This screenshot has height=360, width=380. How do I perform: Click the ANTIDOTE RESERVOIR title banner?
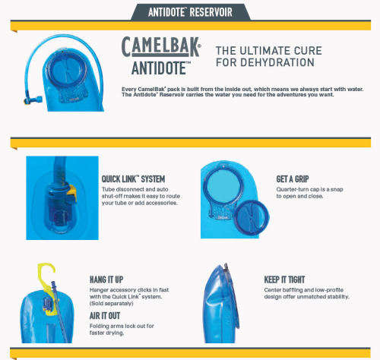189,10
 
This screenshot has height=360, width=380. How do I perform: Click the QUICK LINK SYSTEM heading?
133,179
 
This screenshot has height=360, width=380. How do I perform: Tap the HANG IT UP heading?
111,279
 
